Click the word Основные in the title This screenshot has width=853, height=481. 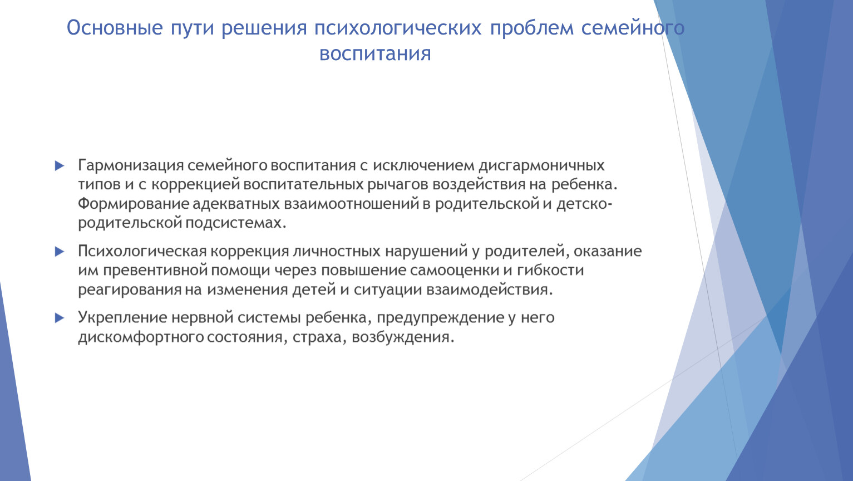pos(115,28)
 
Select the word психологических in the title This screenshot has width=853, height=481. pos(398,28)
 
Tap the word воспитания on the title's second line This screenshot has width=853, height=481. pos(375,54)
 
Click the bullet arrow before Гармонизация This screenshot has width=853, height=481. pos(60,166)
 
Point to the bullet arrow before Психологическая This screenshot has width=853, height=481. pos(60,252)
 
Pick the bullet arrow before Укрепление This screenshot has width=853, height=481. pos(60,318)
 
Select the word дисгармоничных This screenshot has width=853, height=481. pos(541,166)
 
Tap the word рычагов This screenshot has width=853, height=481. pos(397,184)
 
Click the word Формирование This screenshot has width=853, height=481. pos(133,204)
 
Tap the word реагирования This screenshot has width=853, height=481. pos(130,290)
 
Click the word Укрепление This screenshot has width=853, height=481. pos(122,318)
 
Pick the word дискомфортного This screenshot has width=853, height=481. pos(141,337)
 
